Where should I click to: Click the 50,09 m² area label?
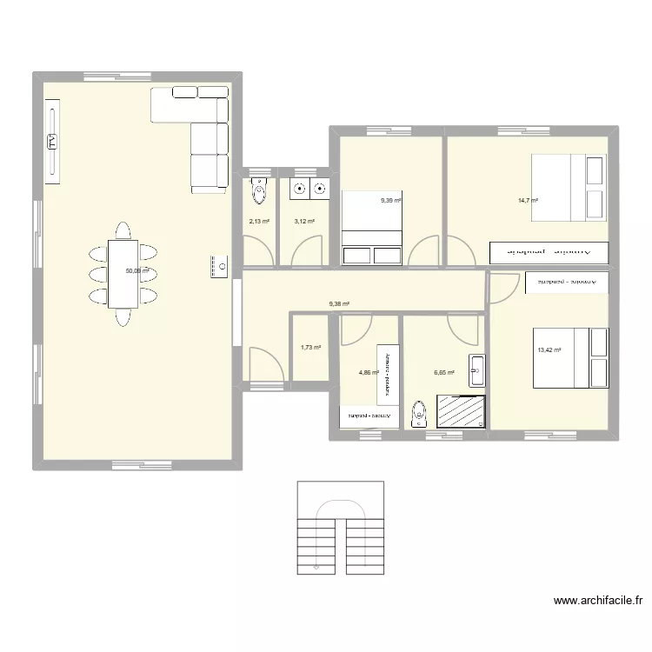coord(137,270)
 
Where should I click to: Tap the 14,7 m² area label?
coord(528,201)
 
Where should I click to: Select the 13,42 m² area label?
coord(549,350)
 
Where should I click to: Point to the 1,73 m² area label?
coord(310,348)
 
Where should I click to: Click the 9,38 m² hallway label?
coord(339,304)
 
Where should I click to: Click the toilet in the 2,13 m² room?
coord(259,189)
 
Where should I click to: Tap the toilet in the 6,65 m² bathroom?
coord(419,414)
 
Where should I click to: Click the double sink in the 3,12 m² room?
coord(309,187)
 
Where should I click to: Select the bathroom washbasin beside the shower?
coord(476,370)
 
